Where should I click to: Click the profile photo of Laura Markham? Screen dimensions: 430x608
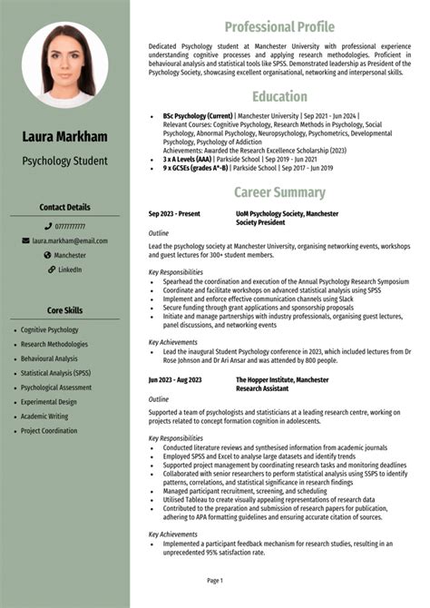click(x=64, y=65)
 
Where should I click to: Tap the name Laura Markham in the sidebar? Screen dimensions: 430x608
click(x=64, y=137)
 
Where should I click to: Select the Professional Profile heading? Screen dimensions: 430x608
click(x=279, y=26)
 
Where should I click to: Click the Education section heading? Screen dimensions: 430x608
click(x=279, y=96)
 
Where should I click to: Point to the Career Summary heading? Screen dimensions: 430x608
click(x=279, y=192)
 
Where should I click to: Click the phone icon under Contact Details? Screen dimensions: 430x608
click(x=47, y=226)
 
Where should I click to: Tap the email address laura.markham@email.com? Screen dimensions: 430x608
click(x=70, y=240)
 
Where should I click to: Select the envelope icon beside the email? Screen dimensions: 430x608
click(x=25, y=240)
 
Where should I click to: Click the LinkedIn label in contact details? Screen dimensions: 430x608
click(x=70, y=270)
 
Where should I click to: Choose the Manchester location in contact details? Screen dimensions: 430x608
click(x=70, y=255)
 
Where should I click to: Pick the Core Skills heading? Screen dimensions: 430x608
click(x=64, y=310)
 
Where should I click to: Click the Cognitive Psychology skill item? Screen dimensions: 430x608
click(x=50, y=330)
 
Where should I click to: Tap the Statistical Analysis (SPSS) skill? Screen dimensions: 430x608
click(x=55, y=373)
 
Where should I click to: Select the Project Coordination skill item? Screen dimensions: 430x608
click(x=49, y=431)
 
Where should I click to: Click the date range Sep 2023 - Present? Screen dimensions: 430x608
click(x=174, y=213)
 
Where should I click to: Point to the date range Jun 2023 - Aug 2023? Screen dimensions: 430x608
click(x=175, y=380)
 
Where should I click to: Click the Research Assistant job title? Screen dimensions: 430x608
click(x=263, y=388)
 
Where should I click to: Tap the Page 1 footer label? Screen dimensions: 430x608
click(x=215, y=580)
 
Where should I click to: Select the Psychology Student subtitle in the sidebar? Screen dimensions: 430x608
click(x=64, y=161)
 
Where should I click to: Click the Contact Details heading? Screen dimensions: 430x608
click(x=64, y=207)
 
